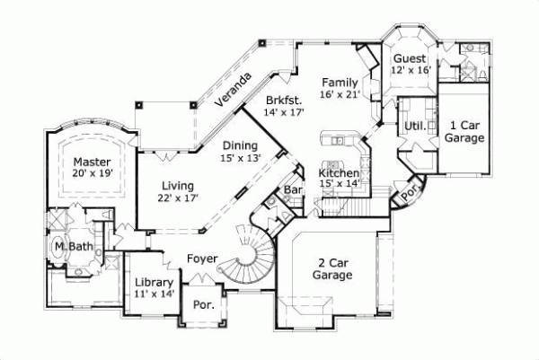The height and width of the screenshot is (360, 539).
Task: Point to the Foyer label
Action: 202,259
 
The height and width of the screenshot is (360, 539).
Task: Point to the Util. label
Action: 415,125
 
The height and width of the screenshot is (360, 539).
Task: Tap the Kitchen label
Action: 340,172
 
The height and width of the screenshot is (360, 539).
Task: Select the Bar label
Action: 291,190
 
